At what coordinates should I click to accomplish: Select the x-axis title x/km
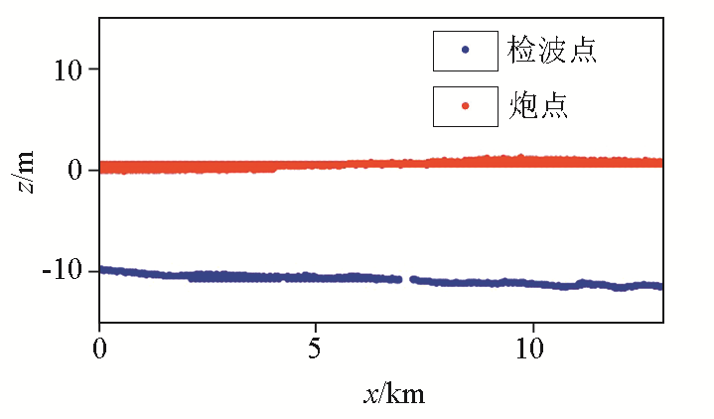tap(394, 394)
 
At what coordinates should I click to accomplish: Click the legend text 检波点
tap(552, 51)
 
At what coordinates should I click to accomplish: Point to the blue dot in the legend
tap(466, 51)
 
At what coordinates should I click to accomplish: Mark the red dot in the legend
tap(466, 105)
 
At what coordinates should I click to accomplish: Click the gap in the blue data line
tap(406, 280)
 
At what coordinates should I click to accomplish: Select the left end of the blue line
tap(101, 269)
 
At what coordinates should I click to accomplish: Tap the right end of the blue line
tap(660, 286)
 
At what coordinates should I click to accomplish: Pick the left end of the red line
tap(101, 168)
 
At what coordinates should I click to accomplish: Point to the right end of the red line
tap(660, 162)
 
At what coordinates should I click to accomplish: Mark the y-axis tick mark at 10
tap(102, 70)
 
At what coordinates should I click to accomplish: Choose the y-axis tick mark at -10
tap(102, 270)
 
